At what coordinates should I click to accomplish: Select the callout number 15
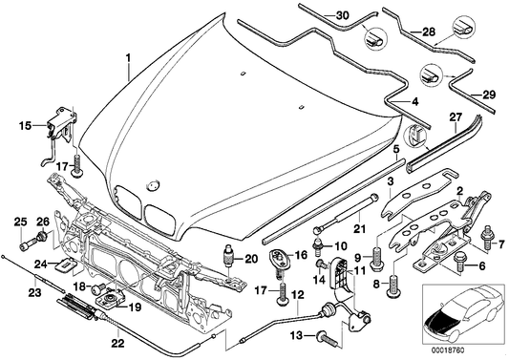(x=26, y=124)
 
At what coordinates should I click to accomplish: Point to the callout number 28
(x=430, y=32)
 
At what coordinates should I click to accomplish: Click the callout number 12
(x=298, y=295)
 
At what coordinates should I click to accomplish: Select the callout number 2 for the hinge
(x=458, y=192)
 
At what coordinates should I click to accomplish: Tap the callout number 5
(x=395, y=150)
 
